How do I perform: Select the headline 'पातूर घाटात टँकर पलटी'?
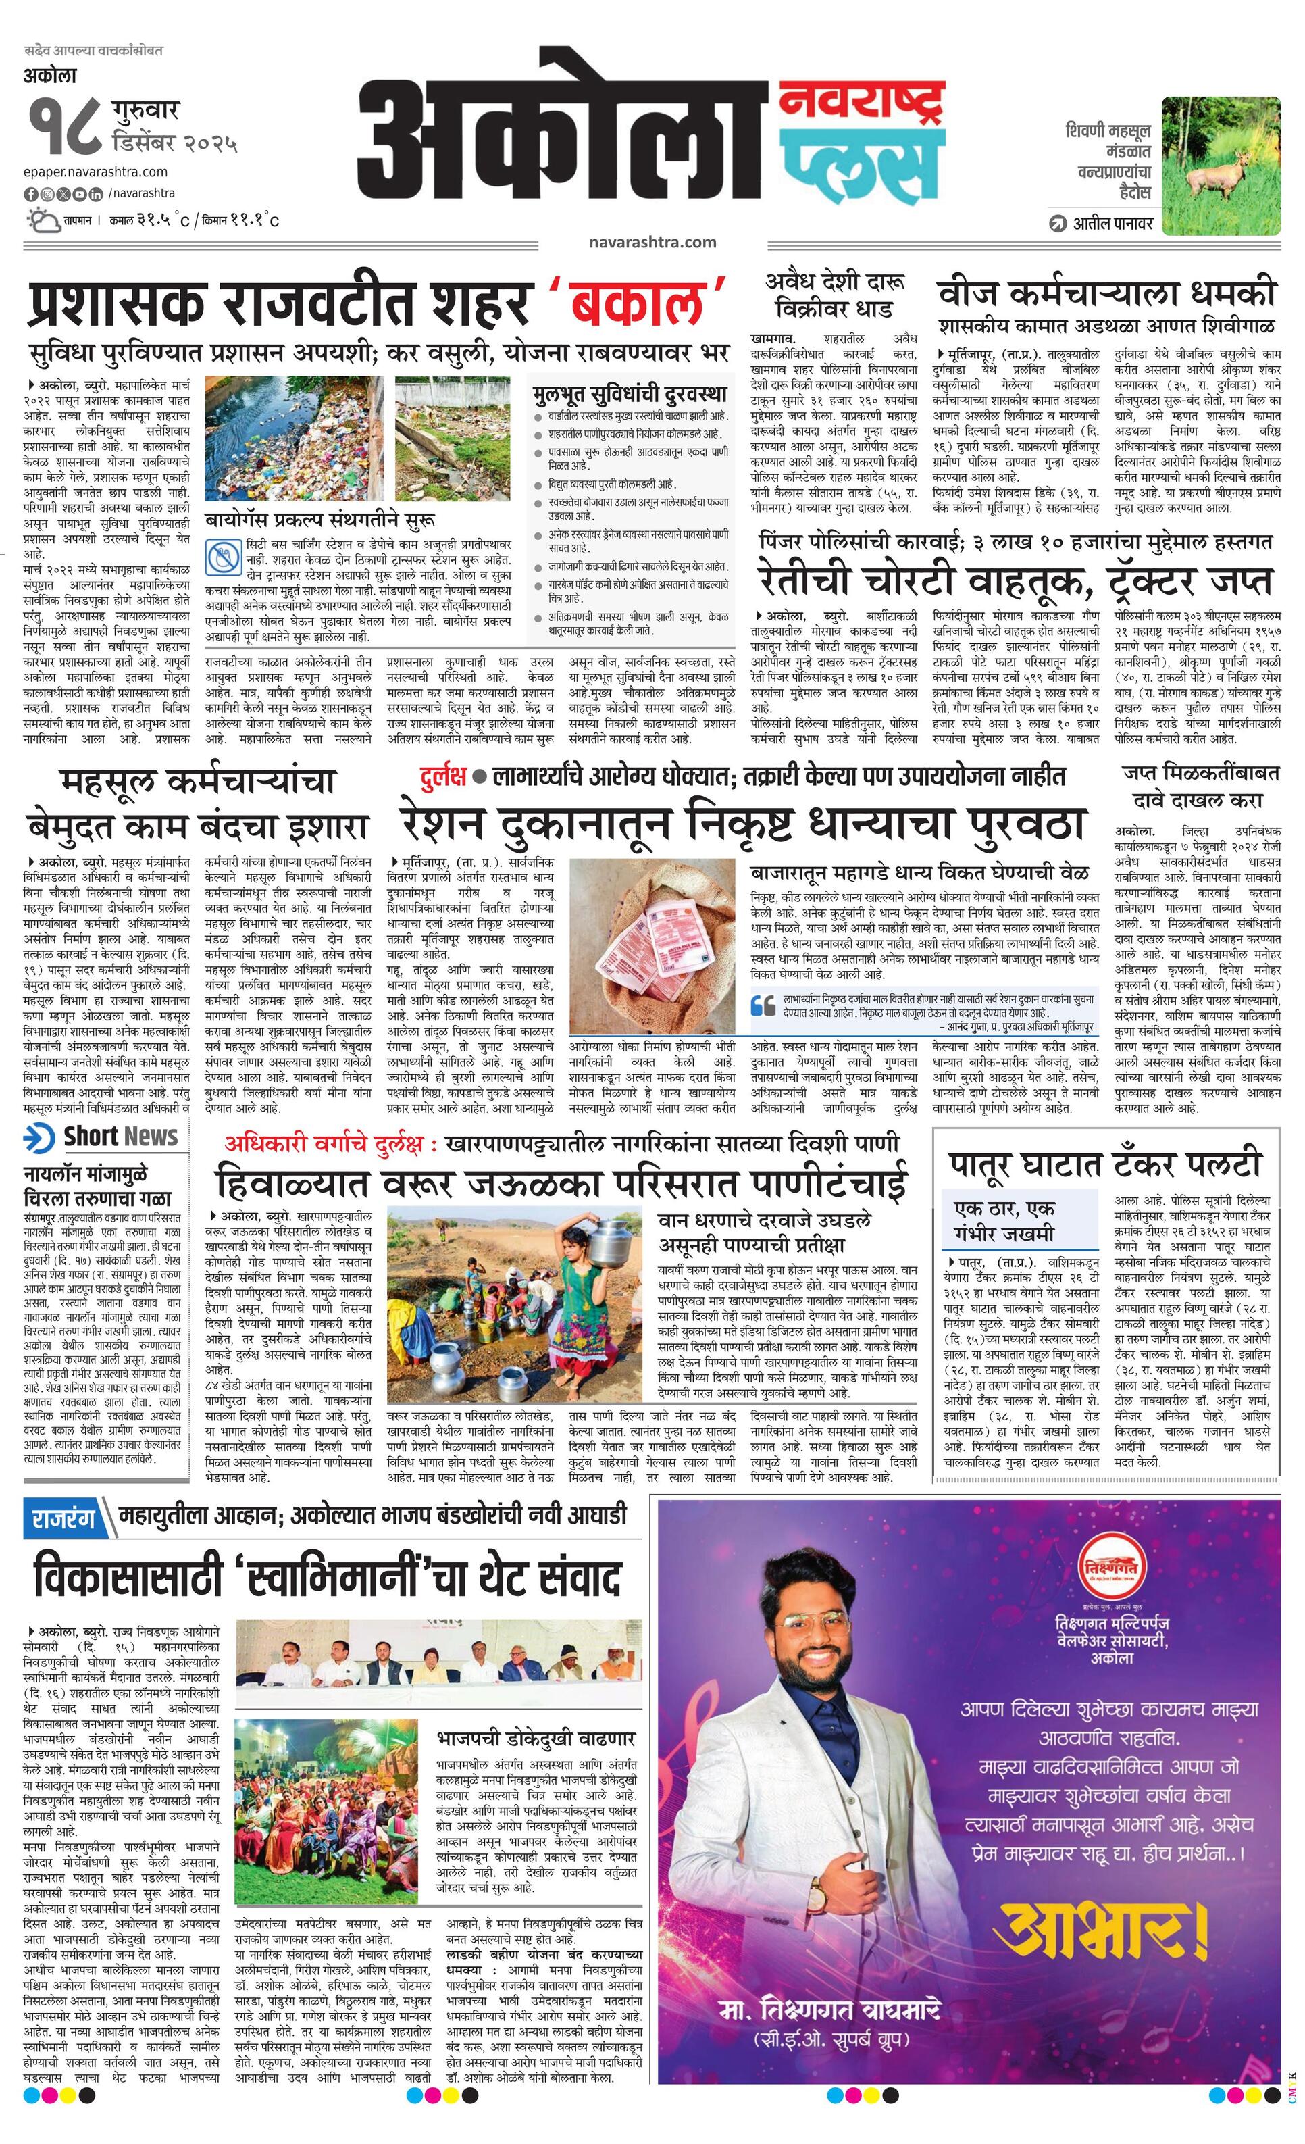click(1105, 1162)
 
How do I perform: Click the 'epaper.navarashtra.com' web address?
click(97, 172)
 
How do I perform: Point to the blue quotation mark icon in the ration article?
click(762, 1005)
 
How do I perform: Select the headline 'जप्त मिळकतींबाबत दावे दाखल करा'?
click(1197, 786)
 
